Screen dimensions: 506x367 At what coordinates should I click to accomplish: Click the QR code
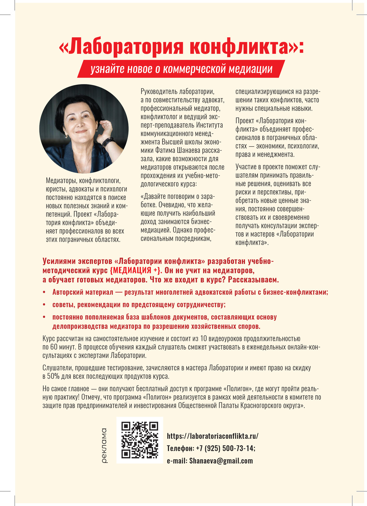pyautogui.click(x=140, y=440)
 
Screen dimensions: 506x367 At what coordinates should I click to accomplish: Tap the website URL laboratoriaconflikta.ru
pyautogui.click(x=213, y=436)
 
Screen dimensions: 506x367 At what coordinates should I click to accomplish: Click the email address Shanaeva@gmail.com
pyautogui.click(x=221, y=461)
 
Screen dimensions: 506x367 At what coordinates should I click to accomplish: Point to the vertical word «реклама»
pyautogui.click(x=104, y=445)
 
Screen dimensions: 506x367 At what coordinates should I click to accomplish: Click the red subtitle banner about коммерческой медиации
pyautogui.click(x=181, y=69)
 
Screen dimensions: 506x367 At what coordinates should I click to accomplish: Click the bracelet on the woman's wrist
pyautogui.click(x=108, y=142)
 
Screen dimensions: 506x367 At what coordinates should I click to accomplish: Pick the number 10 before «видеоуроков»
pyautogui.click(x=204, y=339)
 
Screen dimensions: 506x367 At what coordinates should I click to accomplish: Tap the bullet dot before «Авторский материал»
pyautogui.click(x=45, y=292)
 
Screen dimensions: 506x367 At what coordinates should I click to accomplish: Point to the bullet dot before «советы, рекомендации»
pyautogui.click(x=45, y=305)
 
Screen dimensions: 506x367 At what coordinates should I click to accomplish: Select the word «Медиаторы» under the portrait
pyautogui.click(x=61, y=181)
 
